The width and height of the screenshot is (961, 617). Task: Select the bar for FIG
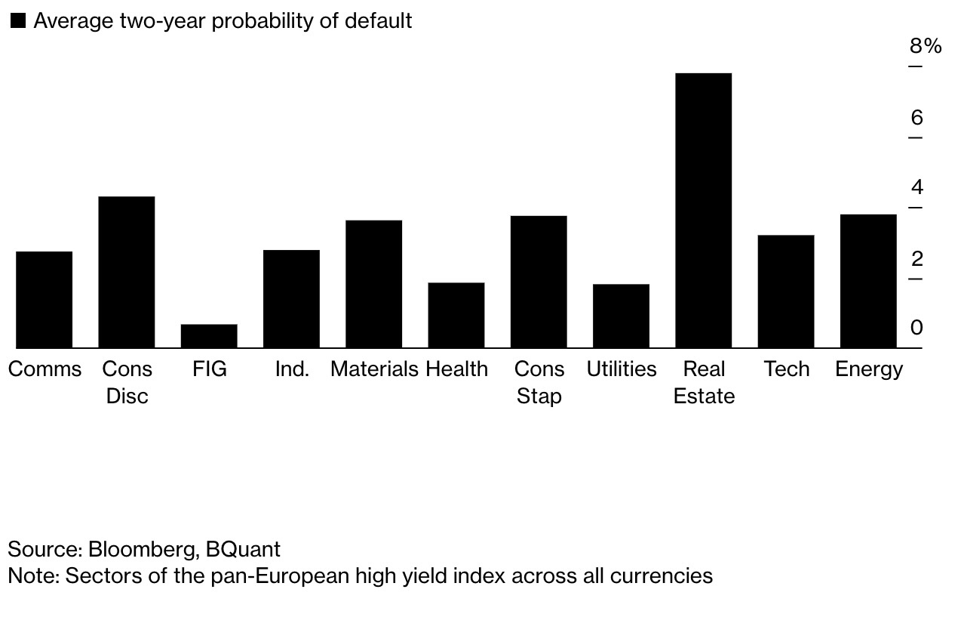click(x=209, y=336)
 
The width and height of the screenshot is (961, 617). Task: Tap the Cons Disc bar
click(x=127, y=272)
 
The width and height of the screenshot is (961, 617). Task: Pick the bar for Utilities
click(x=621, y=316)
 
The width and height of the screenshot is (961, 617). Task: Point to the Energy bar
click(x=868, y=281)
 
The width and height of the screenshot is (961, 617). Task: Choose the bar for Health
click(x=456, y=315)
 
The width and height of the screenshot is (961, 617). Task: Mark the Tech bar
click(x=786, y=292)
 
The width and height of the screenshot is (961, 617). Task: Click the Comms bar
click(x=45, y=299)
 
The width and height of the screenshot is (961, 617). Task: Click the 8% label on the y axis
click(x=926, y=47)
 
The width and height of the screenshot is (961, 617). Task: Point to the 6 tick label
click(x=916, y=118)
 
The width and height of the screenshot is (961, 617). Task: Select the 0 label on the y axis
click(x=916, y=328)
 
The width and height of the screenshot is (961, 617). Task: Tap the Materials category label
click(x=374, y=369)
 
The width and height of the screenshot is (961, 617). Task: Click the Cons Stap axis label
click(x=539, y=382)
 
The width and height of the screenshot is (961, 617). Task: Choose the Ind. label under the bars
click(x=292, y=369)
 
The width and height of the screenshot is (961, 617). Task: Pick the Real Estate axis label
click(x=704, y=382)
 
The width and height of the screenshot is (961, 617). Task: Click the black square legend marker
click(x=17, y=20)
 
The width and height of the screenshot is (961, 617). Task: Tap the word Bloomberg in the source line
click(x=141, y=549)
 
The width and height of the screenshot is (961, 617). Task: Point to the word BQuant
click(x=243, y=549)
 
